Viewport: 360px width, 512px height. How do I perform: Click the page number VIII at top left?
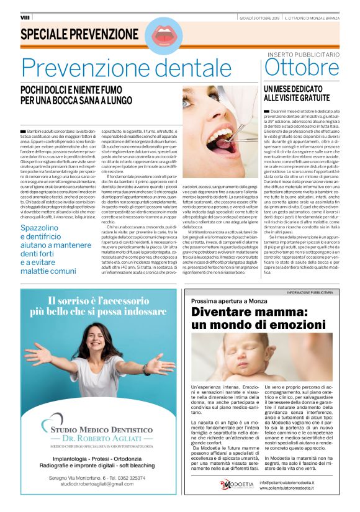point(25,17)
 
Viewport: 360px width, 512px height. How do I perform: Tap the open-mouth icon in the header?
point(163,35)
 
